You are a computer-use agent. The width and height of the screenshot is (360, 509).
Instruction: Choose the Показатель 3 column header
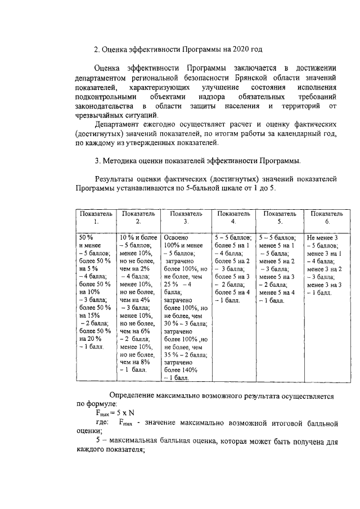[x=186, y=218]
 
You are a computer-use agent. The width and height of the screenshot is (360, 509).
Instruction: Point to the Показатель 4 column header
[x=233, y=218]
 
